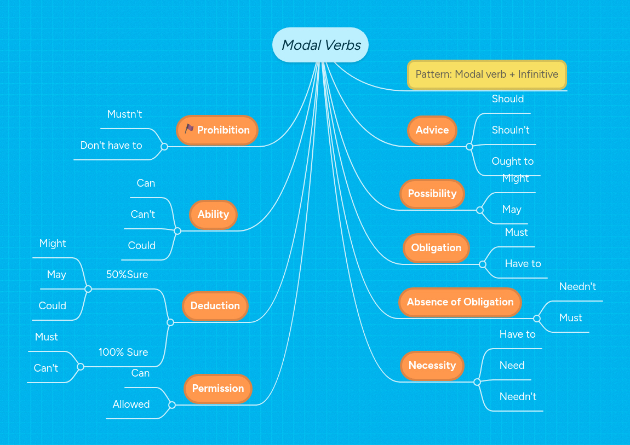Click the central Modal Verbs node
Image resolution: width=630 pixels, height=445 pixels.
pyautogui.click(x=320, y=45)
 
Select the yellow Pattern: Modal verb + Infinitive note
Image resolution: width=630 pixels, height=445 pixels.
pyautogui.click(x=486, y=74)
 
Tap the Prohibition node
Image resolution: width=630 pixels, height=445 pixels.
pyautogui.click(x=217, y=130)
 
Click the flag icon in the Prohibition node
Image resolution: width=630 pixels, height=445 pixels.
pyautogui.click(x=189, y=129)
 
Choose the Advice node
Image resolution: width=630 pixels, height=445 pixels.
pyautogui.click(x=432, y=130)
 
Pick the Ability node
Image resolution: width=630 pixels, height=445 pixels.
pyautogui.click(x=213, y=215)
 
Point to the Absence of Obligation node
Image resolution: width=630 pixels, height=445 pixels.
pyautogui.click(x=460, y=302)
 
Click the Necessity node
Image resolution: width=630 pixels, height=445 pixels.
pyautogui.click(x=432, y=366)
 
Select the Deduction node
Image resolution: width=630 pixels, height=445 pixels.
pyautogui.click(x=215, y=306)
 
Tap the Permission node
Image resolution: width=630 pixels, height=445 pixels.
pyautogui.click(x=217, y=389)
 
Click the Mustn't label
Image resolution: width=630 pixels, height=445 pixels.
pyautogui.click(x=124, y=114)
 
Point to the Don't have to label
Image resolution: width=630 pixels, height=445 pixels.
pyautogui.click(x=111, y=146)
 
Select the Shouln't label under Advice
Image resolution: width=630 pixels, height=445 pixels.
pyautogui.click(x=511, y=130)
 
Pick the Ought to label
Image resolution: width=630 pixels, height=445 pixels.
pyautogui.click(x=512, y=161)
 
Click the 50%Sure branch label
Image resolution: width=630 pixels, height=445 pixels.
pyautogui.click(x=127, y=275)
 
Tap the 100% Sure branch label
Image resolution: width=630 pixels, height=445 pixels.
pyautogui.click(x=123, y=352)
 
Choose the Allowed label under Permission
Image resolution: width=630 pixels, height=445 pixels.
pyautogui.click(x=131, y=404)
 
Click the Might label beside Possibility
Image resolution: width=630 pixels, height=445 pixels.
pyautogui.click(x=516, y=178)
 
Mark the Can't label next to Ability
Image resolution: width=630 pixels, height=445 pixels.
pyautogui.click(x=143, y=215)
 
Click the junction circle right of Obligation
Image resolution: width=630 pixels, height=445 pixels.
pyautogui.click(x=482, y=264)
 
